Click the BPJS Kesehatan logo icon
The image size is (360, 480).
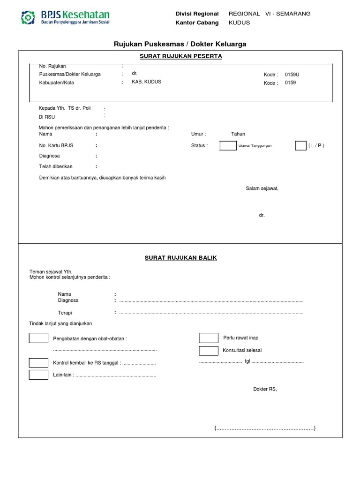point(28,17)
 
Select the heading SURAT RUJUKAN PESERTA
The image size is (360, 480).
point(180,56)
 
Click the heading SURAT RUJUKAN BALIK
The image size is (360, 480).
point(180,258)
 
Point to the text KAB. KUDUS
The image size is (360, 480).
point(146,82)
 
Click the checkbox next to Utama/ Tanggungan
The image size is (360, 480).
point(228,146)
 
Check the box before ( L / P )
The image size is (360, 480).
point(300,146)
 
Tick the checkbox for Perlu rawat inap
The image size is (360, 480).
point(209,338)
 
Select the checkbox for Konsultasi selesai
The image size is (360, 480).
point(209,351)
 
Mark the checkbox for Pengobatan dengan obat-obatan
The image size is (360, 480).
point(38,338)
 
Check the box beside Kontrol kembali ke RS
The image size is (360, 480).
point(38,363)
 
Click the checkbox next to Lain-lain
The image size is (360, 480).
point(38,375)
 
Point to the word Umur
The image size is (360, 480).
point(198,134)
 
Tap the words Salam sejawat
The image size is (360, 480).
point(262,188)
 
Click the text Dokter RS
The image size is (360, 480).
point(265,389)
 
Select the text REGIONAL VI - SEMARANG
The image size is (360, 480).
point(270,14)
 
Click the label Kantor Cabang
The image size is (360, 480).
point(197,22)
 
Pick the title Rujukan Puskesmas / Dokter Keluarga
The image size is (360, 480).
point(180,44)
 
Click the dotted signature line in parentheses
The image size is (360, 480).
point(265,428)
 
